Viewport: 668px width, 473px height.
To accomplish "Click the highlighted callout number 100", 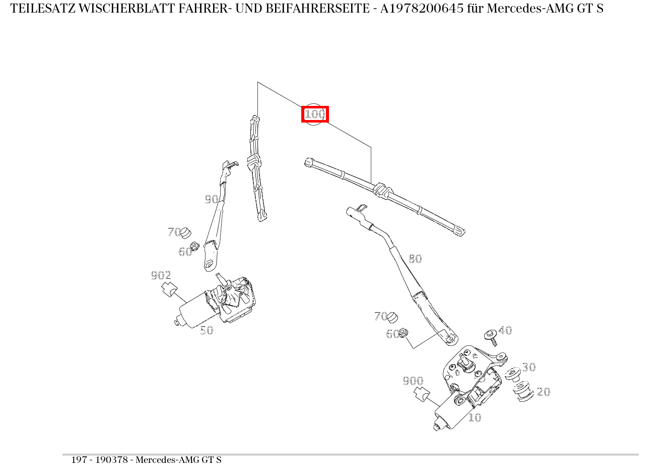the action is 315,114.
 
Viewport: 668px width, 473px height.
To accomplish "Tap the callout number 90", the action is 212,199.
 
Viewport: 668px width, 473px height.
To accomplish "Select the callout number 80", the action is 415,259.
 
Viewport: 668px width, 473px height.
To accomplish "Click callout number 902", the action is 161,275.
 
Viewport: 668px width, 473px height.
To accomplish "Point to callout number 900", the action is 413,381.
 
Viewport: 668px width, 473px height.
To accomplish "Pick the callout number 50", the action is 207,330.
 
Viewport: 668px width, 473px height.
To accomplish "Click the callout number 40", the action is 505,330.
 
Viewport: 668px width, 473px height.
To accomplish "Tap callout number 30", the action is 529,367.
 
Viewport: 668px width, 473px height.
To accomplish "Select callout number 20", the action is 544,392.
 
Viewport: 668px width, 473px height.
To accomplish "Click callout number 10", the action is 475,418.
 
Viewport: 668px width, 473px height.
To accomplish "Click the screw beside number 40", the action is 491,337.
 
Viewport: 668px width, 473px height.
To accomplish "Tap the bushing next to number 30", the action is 513,374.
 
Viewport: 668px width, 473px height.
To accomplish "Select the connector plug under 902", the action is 169,289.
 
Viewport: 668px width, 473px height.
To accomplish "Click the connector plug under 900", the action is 422,394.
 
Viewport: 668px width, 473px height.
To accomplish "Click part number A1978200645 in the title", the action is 422,9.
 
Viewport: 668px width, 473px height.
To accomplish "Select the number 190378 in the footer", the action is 111,460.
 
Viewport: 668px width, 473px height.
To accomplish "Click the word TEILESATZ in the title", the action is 43,9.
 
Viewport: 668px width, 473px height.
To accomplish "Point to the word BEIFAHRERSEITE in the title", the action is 317,9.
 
